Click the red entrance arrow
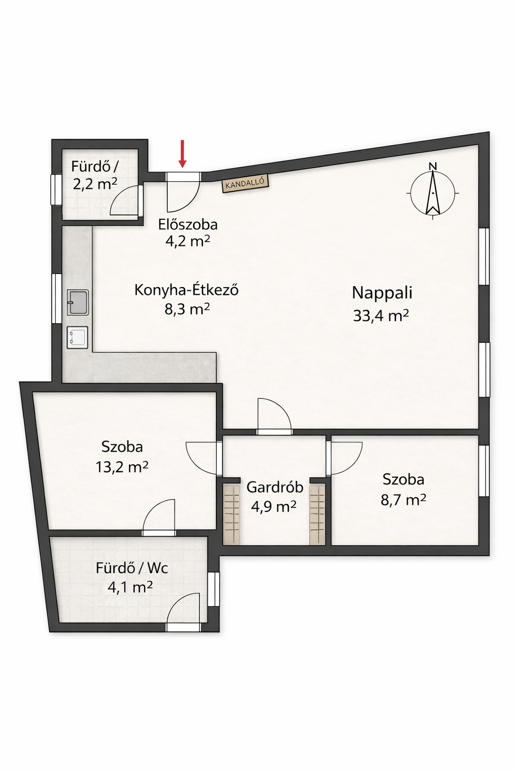(x=182, y=154)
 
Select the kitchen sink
(x=78, y=302)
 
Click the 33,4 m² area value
(x=381, y=315)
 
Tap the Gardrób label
(x=275, y=487)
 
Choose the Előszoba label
(x=188, y=224)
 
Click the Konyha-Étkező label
(x=186, y=290)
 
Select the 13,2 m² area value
(x=122, y=467)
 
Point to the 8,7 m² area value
(x=403, y=499)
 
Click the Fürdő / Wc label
(x=132, y=568)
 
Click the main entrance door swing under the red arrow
(x=183, y=192)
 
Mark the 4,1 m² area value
(x=130, y=588)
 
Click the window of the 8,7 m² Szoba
(x=484, y=471)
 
